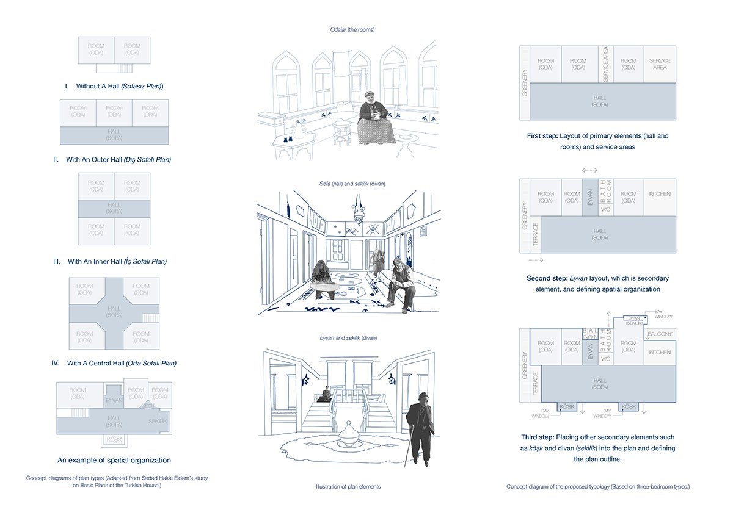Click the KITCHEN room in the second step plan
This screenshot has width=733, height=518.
[x=660, y=195]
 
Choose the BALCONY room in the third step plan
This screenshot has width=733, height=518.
[x=660, y=334]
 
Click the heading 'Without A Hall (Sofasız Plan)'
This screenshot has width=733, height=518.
[x=114, y=87]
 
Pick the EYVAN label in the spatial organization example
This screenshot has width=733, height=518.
[x=114, y=400]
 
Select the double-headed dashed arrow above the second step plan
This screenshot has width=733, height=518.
[x=590, y=170]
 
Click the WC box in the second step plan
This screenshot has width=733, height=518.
[x=605, y=210]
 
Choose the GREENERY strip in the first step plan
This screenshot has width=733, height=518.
[x=524, y=82]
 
